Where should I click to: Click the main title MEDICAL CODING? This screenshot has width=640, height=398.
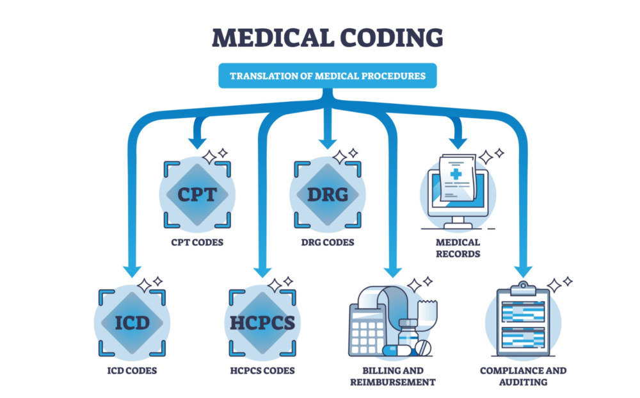(x=327, y=37)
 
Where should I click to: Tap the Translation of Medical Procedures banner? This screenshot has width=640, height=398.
(x=327, y=76)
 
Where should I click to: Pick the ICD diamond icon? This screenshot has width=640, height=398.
(x=132, y=322)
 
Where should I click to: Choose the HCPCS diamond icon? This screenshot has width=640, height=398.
(x=262, y=322)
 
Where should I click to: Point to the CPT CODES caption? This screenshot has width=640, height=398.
(x=197, y=243)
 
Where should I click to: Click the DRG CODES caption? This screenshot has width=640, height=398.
(x=327, y=243)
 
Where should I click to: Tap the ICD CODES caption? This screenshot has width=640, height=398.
(x=132, y=370)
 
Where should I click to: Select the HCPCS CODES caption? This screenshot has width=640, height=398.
(x=262, y=370)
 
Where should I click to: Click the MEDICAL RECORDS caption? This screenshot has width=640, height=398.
(x=458, y=248)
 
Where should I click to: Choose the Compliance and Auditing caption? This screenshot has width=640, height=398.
(x=524, y=376)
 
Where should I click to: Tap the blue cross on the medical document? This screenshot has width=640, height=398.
(x=456, y=174)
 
